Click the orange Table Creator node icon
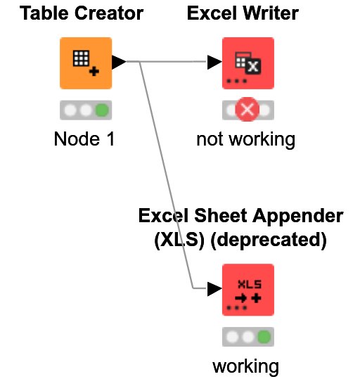(85, 63)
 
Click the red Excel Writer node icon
(247, 63)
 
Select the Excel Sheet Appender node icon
(247, 290)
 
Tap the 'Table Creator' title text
(82, 13)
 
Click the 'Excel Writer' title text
(243, 13)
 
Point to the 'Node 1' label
(84, 139)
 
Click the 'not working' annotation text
(245, 139)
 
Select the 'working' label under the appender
(245, 366)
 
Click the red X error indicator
(247, 110)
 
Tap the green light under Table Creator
(103, 110)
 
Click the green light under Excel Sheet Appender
(264, 338)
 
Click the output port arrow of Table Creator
(118, 63)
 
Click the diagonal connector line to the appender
(166, 176)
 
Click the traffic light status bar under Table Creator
(85, 110)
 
